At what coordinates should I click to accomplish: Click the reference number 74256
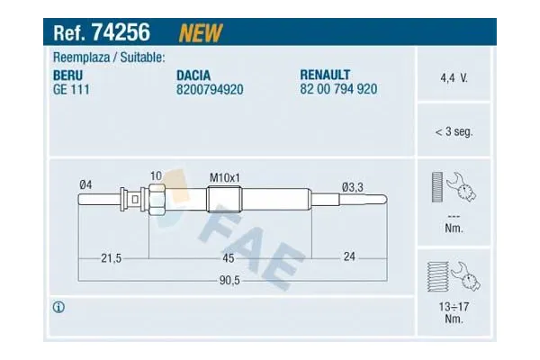(x=121, y=32)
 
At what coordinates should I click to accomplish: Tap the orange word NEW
(x=201, y=33)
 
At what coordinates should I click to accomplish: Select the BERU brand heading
(x=67, y=76)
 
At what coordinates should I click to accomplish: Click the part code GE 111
(x=71, y=90)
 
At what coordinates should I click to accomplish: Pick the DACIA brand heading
(x=193, y=76)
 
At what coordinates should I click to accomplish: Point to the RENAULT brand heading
(x=325, y=75)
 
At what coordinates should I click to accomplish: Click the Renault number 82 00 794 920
(x=338, y=89)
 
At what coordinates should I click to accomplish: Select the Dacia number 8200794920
(x=210, y=90)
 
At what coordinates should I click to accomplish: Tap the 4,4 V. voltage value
(x=454, y=78)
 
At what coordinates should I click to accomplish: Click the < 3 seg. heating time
(x=454, y=131)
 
